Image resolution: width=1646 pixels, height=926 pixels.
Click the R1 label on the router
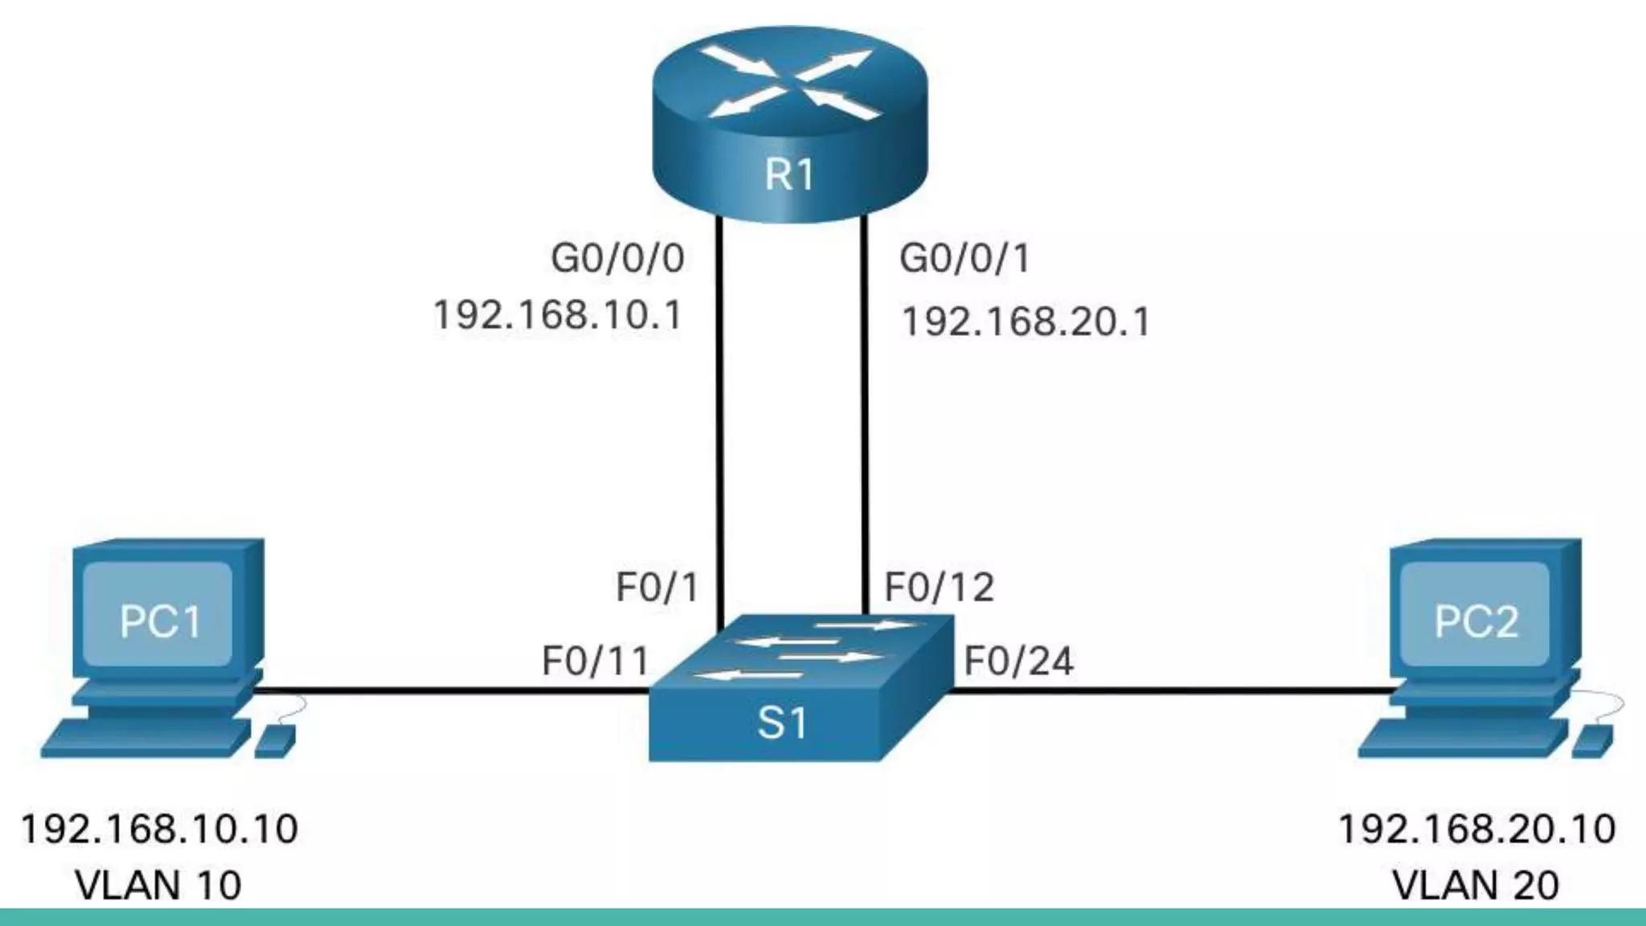789,174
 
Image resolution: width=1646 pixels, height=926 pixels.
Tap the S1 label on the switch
781,723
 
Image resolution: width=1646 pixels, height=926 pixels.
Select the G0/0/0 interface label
617,259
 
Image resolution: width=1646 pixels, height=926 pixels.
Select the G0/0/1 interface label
964,259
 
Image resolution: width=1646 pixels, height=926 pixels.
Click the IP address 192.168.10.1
557,314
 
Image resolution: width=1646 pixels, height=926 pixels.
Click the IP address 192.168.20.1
1026,322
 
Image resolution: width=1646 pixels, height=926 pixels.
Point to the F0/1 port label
657,588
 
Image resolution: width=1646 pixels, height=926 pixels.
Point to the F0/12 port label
939,588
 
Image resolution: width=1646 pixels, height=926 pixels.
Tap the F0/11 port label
596,662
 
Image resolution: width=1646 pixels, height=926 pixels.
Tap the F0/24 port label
1018,662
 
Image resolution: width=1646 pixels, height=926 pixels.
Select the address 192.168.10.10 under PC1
159,830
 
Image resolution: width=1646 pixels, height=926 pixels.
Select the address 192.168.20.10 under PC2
1476,830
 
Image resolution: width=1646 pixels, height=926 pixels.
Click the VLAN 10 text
158,886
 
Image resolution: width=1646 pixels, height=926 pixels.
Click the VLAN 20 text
1475,886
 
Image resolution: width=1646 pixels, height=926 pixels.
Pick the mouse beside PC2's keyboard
1591,740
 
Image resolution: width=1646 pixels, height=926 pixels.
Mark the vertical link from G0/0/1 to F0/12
866,418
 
